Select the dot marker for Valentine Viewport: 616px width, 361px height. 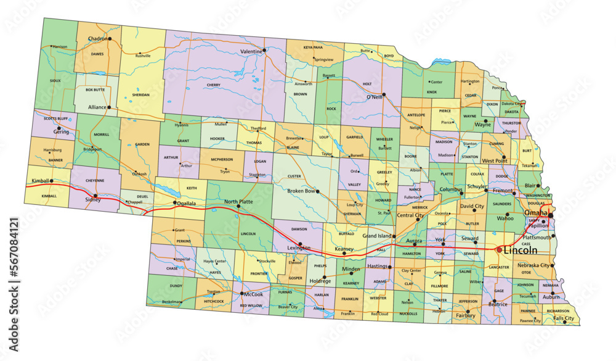[264, 50]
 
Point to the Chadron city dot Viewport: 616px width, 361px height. [109, 39]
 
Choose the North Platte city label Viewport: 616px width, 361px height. [238, 201]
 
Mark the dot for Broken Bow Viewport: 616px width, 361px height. [318, 191]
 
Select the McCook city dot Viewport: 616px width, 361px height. [243, 294]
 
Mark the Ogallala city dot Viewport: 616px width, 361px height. [174, 202]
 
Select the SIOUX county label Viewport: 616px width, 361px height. [55, 80]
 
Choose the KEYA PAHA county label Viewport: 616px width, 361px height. [313, 47]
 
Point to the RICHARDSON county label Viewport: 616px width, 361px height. [557, 310]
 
